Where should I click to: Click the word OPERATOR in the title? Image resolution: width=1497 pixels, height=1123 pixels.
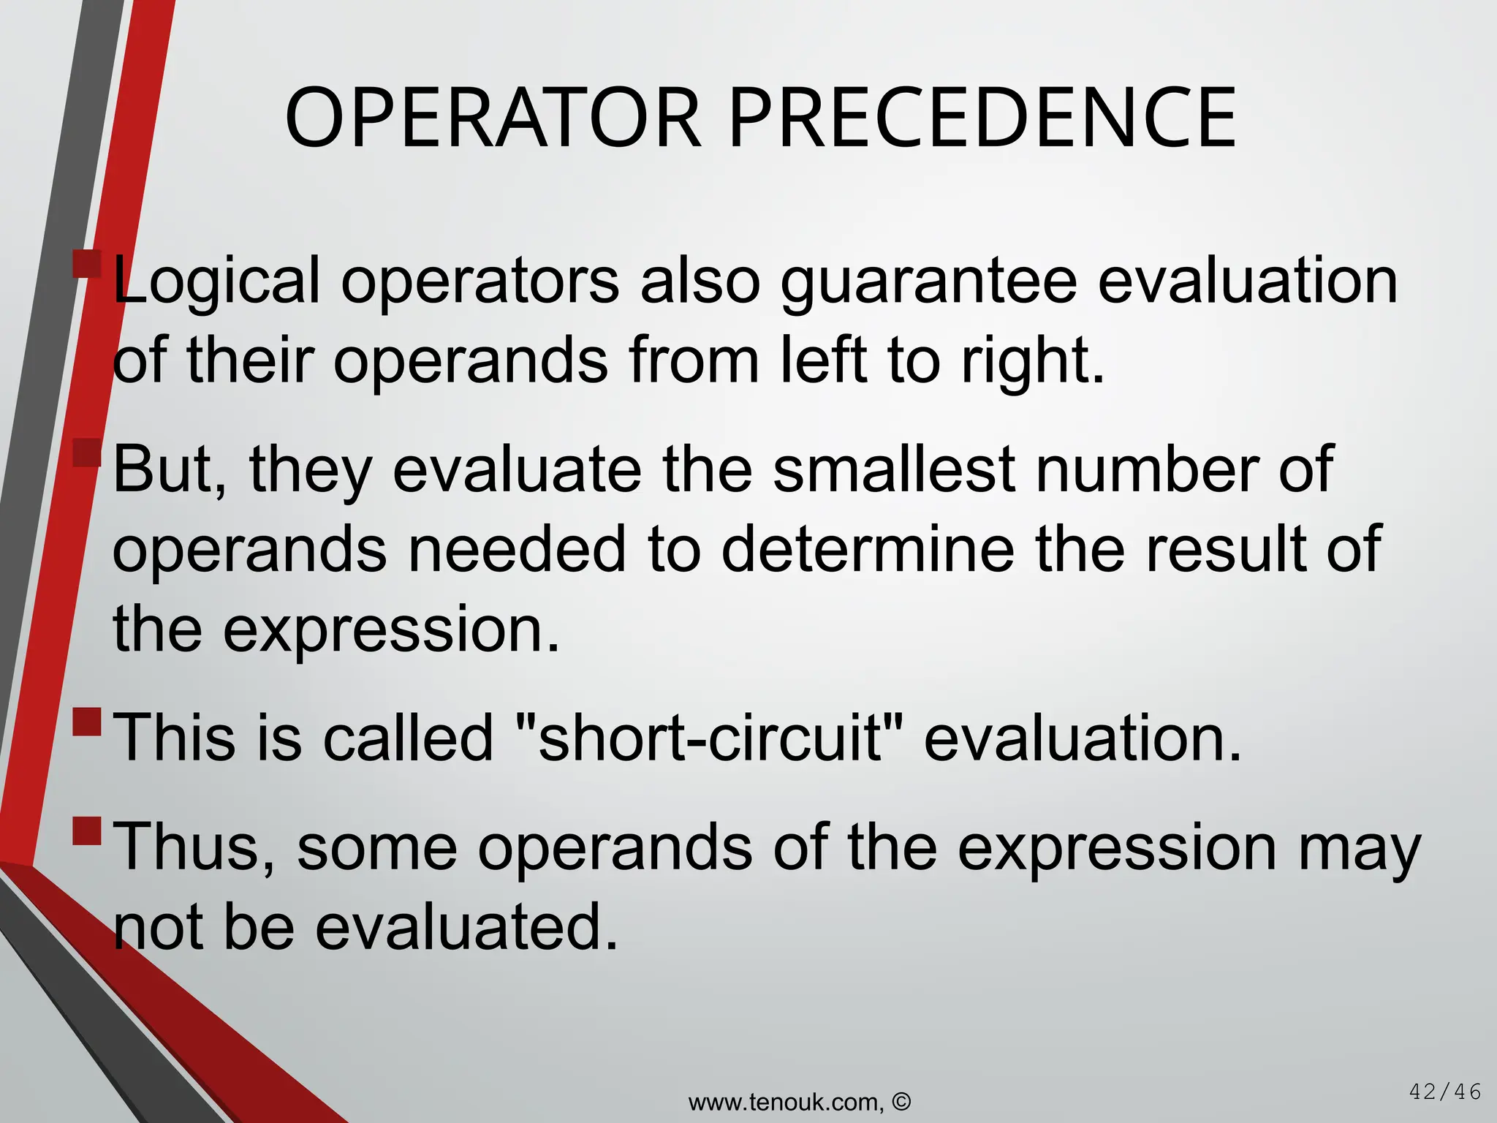point(493,118)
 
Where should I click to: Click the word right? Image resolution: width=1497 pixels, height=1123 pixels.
point(1032,361)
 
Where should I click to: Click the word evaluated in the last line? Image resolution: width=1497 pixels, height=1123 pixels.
point(467,927)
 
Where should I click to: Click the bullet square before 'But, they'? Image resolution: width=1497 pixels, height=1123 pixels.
point(87,453)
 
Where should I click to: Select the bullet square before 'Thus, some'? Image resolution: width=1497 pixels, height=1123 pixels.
point(87,831)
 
